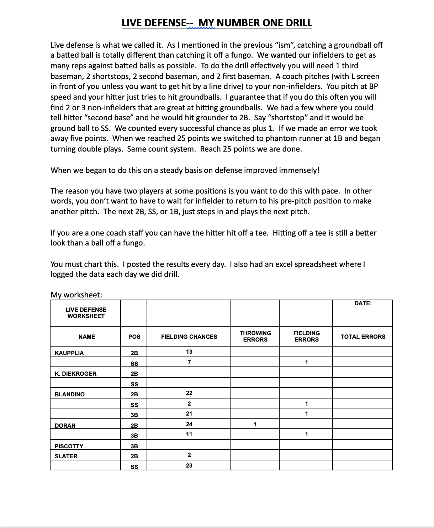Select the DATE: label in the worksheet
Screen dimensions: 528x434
363,303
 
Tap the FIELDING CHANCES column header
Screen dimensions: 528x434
189,337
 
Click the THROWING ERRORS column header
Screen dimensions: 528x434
255,336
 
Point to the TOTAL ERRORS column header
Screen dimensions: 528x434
363,337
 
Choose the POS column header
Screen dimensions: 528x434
134,337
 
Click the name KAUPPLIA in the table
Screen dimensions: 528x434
69,353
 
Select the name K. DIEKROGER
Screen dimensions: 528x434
75,374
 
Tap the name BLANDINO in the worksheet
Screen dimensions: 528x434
70,394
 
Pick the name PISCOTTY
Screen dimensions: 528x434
69,446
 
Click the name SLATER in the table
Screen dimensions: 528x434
66,456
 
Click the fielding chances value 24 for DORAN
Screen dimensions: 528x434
189,424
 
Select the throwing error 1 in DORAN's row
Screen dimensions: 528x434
255,424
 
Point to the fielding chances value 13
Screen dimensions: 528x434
189,352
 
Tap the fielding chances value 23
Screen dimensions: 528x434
189,465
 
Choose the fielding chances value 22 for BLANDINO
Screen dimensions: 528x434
189,393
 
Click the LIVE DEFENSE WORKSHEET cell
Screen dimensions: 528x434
86,313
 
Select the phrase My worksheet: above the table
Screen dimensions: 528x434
76,295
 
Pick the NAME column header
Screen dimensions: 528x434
86,337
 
